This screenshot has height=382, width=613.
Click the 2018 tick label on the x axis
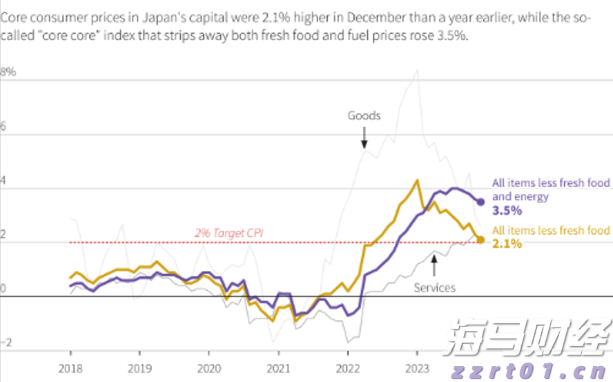[x=70, y=370]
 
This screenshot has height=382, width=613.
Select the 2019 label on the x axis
[x=139, y=370]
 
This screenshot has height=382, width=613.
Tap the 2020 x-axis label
[x=209, y=370]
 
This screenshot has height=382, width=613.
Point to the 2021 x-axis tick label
[x=278, y=370]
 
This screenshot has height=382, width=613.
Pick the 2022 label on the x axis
[x=347, y=370]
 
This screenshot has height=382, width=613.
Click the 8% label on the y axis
[x=8, y=72]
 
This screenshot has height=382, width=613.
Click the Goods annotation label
[x=364, y=115]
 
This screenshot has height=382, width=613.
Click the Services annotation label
[x=434, y=287]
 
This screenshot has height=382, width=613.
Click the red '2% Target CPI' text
[x=229, y=234]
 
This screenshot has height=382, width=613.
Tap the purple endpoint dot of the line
[x=481, y=202]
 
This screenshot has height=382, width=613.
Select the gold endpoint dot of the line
[x=480, y=240]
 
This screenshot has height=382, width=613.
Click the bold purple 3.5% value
[x=507, y=211]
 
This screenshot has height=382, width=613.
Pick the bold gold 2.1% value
[x=507, y=243]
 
